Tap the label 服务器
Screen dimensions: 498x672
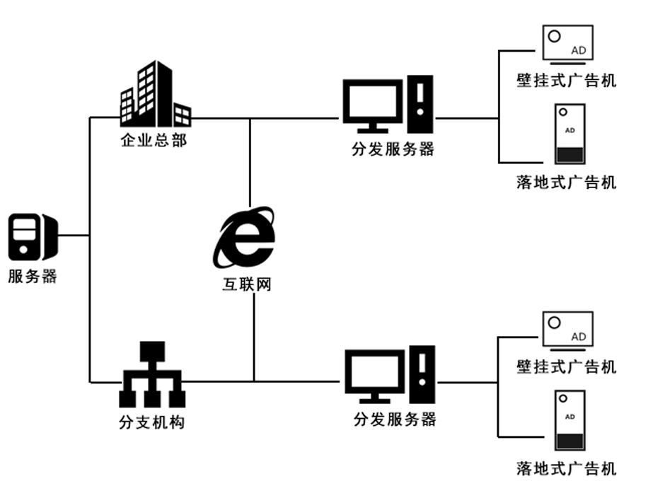(33, 277)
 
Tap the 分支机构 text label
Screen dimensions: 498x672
(151, 422)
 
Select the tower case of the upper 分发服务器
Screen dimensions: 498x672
(420, 104)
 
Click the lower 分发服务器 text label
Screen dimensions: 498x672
(395, 419)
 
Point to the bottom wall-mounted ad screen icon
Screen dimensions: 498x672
(567, 330)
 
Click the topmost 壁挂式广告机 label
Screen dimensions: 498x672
(567, 80)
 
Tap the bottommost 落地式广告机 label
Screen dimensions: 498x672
(567, 468)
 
